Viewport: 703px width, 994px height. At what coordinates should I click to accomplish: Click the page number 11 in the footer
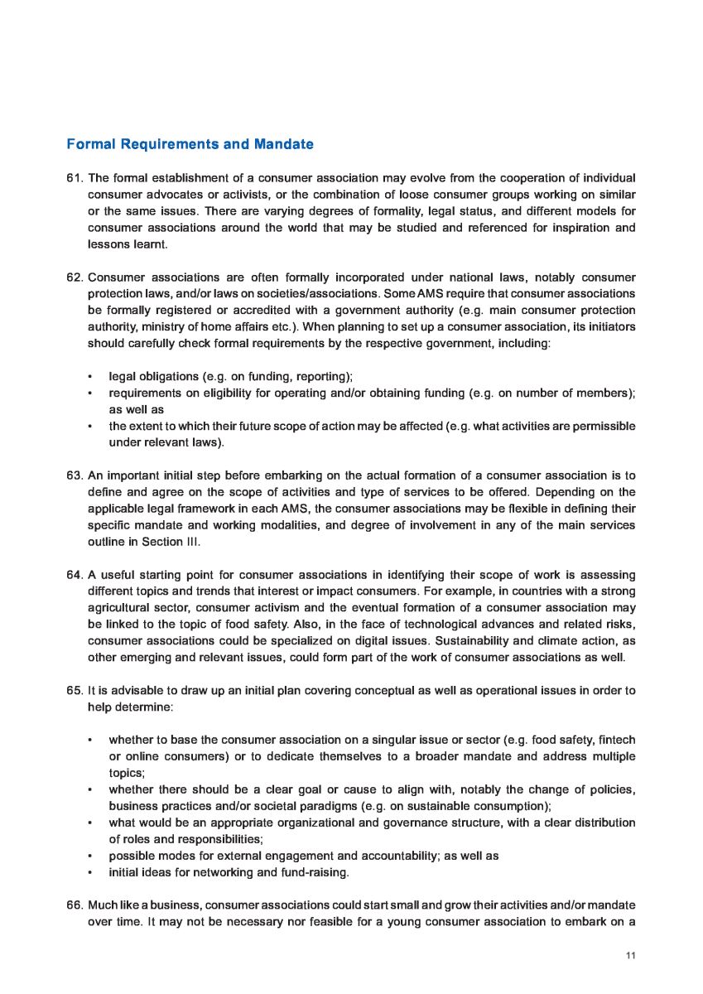[630, 956]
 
